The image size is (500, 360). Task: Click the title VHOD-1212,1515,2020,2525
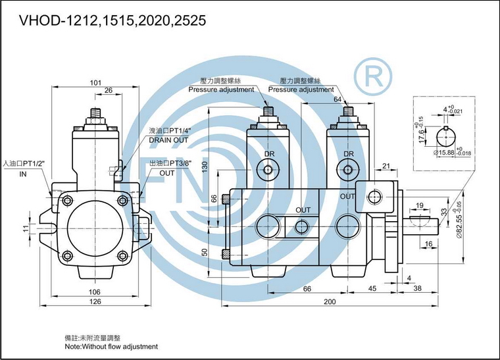[113, 20]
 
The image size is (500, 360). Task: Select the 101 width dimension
[95, 82]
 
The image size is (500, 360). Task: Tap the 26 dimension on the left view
[109, 90]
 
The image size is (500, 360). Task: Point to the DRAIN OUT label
[168, 140]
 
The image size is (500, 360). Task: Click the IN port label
[23, 174]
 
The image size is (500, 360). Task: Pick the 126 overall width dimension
[95, 301]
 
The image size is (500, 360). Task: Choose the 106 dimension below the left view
[94, 292]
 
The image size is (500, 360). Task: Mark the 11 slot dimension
[26, 228]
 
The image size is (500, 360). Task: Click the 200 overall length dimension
[330, 301]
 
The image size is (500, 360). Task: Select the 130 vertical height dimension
[205, 167]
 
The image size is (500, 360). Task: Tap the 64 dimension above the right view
[337, 99]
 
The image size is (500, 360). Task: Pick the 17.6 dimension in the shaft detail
[421, 136]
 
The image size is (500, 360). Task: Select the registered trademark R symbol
[373, 76]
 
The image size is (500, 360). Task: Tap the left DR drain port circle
[268, 170]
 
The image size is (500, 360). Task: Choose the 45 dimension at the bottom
[372, 288]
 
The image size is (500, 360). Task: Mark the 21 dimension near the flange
[386, 166]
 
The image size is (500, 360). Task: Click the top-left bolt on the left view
[68, 201]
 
